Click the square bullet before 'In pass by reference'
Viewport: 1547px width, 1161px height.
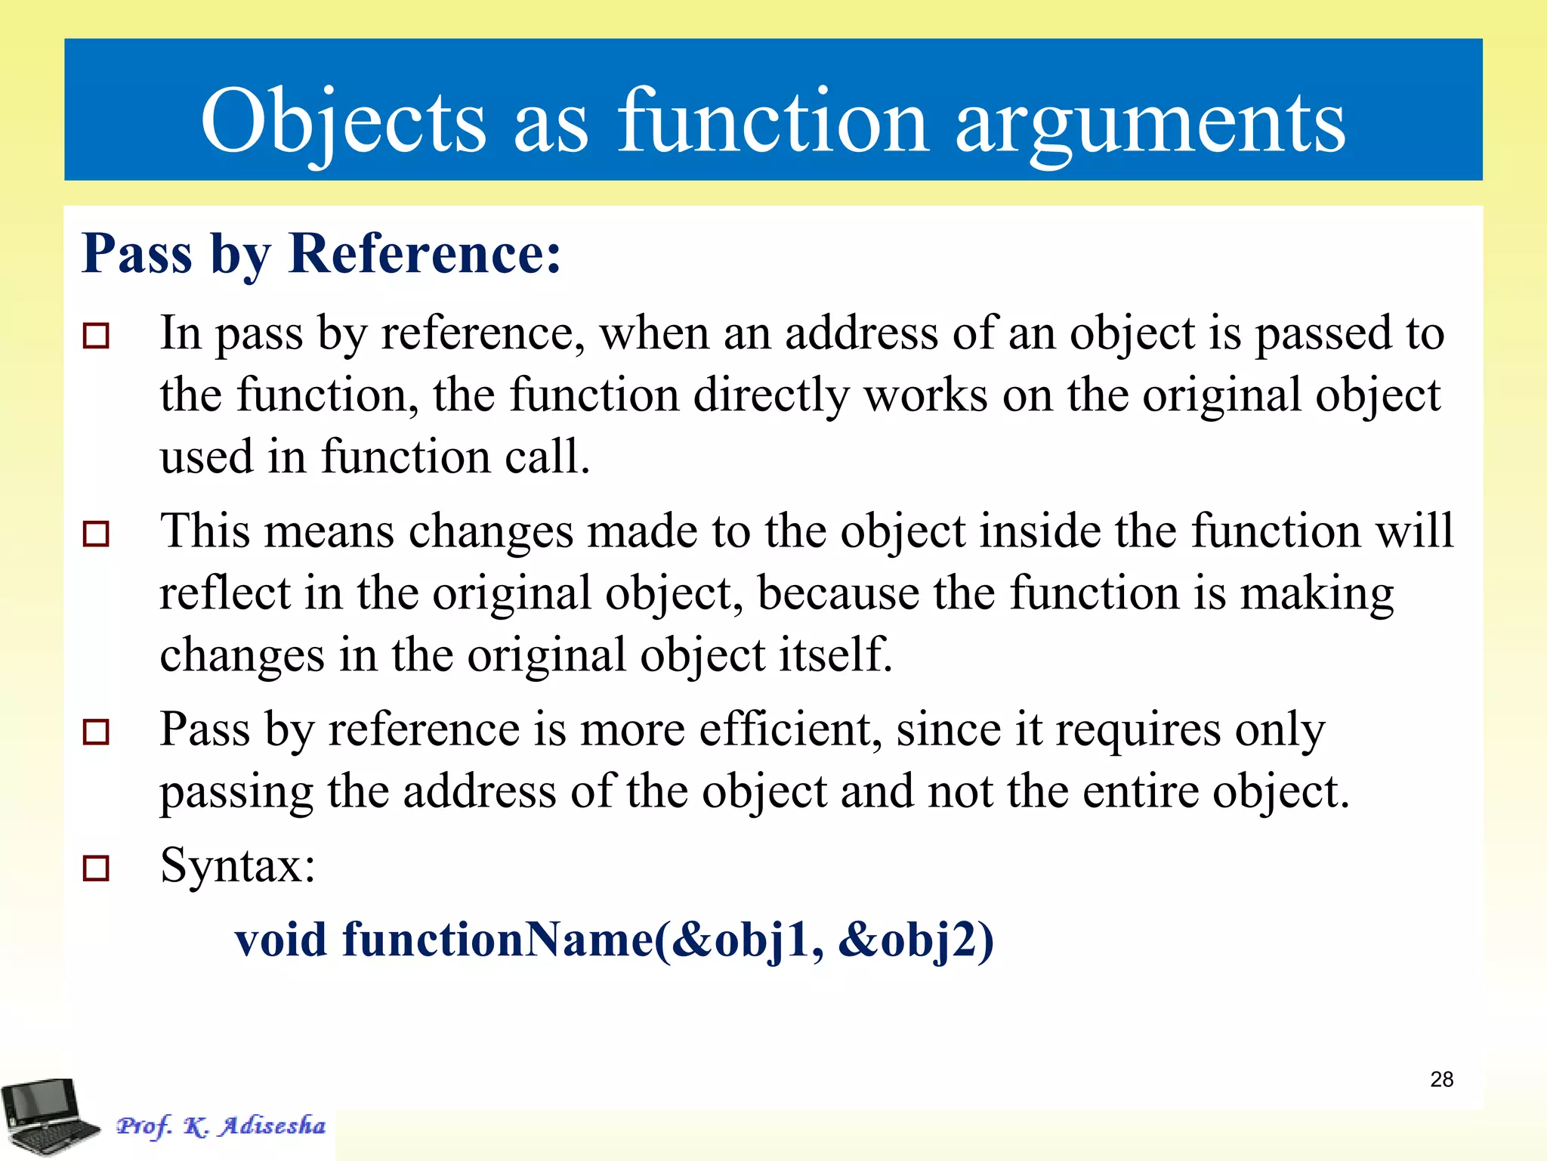[96, 335]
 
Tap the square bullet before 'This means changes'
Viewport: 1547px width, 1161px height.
[96, 534]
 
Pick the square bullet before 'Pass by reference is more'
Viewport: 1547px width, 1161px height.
[96, 732]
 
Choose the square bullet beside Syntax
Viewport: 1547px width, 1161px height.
[96, 868]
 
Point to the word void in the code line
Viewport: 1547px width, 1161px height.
[281, 940]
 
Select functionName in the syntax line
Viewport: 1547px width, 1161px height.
[499, 940]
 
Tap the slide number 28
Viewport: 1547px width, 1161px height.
[1441, 1079]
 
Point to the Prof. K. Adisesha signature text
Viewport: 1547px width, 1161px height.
[221, 1126]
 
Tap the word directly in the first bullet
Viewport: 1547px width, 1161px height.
[771, 395]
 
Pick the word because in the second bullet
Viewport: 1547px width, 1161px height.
[837, 593]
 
